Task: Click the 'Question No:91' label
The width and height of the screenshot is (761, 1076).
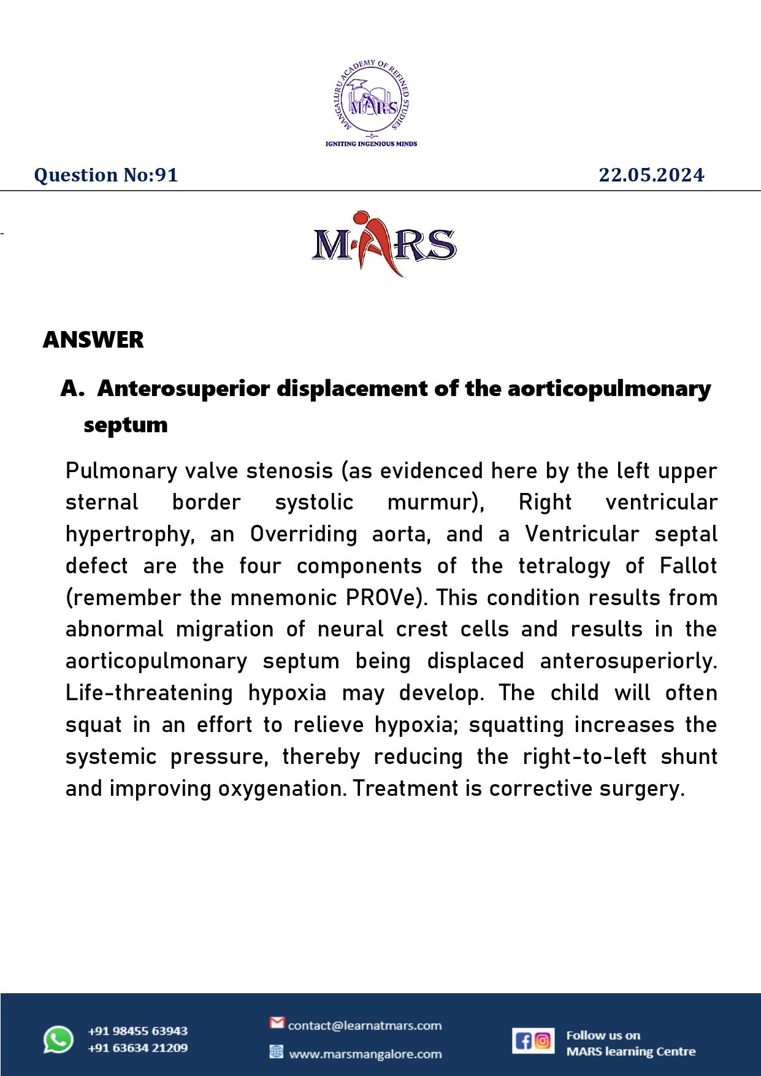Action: [x=106, y=175]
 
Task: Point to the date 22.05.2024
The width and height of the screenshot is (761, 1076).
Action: [x=651, y=175]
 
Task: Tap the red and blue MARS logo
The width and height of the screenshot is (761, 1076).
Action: [x=383, y=243]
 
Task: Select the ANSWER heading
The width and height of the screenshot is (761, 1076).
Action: [x=93, y=340]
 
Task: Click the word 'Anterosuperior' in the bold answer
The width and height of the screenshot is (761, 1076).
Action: [x=183, y=389]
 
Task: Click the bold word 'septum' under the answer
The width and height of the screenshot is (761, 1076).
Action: [x=126, y=424]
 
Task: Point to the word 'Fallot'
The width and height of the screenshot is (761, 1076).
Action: [x=687, y=566]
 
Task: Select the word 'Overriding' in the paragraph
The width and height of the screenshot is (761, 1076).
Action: [x=303, y=534]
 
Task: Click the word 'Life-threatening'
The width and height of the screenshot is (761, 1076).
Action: [x=149, y=693]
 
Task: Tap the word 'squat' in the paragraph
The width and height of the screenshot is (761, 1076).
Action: [x=93, y=725]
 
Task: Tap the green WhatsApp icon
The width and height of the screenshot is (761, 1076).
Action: [x=58, y=1039]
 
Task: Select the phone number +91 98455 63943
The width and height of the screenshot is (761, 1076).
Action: [x=137, y=1031]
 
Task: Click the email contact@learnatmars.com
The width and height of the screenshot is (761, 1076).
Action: [x=364, y=1025]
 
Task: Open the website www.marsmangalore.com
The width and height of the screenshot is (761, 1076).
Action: [x=365, y=1054]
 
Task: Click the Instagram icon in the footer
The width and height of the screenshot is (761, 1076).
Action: [x=543, y=1040]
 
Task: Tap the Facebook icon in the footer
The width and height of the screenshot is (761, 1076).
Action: [x=523, y=1040]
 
